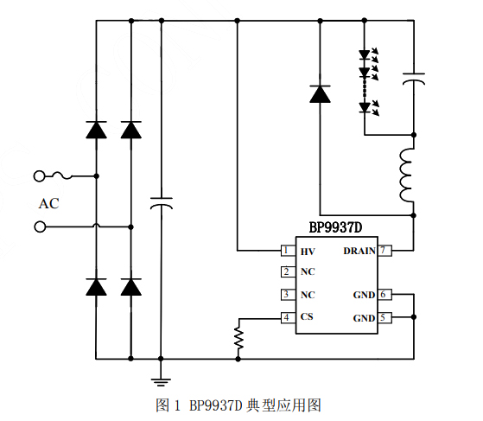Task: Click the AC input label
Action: pyautogui.click(x=48, y=204)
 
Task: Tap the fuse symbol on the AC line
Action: pyautogui.click(x=63, y=176)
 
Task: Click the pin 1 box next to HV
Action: pyautogui.click(x=285, y=251)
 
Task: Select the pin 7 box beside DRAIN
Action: pyautogui.click(x=384, y=251)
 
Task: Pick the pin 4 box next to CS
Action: pyautogui.click(x=285, y=317)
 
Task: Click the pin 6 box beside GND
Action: pyautogui.click(x=384, y=295)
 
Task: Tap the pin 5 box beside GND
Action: pyautogui.click(x=384, y=317)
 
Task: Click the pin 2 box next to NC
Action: pyautogui.click(x=285, y=271)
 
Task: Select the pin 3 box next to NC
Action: pyautogui.click(x=285, y=295)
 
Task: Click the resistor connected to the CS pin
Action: pyautogui.click(x=238, y=337)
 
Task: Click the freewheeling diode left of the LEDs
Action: pyautogui.click(x=320, y=94)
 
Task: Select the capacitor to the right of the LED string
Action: pyautogui.click(x=415, y=80)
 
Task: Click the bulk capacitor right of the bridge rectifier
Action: pyautogui.click(x=161, y=204)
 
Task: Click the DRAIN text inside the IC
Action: pyautogui.click(x=359, y=252)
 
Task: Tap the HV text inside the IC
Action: pyautogui.click(x=308, y=252)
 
